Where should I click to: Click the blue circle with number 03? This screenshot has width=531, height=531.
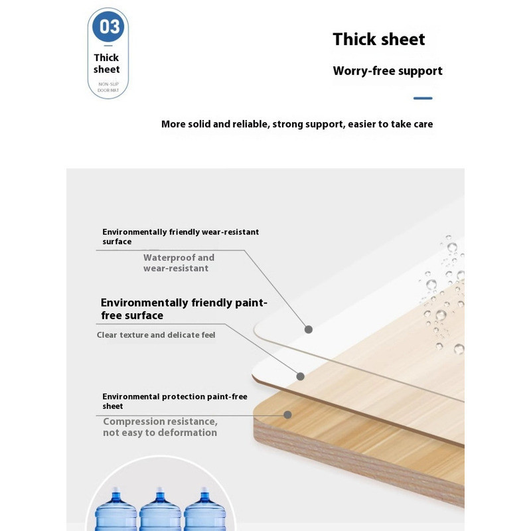tap(108, 27)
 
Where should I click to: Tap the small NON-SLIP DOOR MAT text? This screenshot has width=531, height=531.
tap(108, 87)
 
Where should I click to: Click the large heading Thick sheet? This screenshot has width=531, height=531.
tap(378, 39)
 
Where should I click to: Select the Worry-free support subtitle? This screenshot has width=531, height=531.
tap(388, 71)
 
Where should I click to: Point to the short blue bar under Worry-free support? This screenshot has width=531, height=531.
tap(423, 98)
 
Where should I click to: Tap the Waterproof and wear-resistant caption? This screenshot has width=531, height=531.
tap(179, 263)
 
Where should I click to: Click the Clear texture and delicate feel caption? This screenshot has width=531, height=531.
tap(156, 335)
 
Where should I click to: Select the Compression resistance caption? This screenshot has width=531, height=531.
tap(160, 427)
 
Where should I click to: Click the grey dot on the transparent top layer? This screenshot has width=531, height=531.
tap(309, 329)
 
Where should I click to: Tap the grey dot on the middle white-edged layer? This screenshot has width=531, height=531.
tap(301, 376)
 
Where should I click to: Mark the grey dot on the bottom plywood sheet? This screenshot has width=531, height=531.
tap(287, 414)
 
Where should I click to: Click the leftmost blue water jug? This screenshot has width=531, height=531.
tap(115, 510)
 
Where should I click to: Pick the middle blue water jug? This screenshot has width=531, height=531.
tap(160, 510)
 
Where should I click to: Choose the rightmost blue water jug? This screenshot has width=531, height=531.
tap(204, 510)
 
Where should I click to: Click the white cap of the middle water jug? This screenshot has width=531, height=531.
tap(160, 490)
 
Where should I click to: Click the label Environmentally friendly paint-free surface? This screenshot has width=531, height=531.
tap(184, 309)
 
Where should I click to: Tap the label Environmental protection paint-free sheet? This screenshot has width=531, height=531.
tap(175, 402)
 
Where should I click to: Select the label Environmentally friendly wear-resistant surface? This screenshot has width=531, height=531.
tap(181, 237)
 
